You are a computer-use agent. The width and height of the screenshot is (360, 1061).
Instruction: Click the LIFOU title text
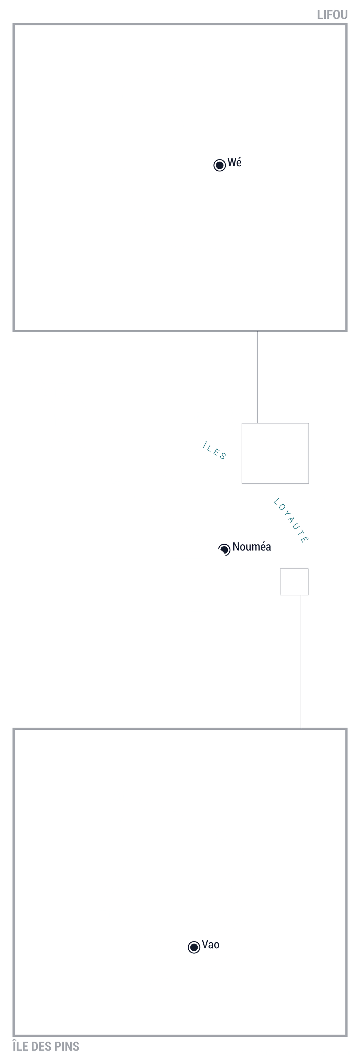(332, 15)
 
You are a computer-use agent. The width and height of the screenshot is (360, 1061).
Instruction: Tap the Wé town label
(234, 162)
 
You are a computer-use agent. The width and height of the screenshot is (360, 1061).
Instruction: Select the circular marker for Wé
(220, 165)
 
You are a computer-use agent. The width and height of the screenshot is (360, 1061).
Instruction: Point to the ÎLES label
(214, 451)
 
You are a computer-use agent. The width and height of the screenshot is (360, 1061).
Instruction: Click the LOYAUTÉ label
(291, 521)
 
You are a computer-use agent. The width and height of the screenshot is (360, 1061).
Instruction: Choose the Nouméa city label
(252, 547)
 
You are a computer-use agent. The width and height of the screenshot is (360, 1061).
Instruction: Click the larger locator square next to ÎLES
(275, 423)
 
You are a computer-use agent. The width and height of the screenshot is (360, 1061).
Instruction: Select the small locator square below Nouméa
(294, 569)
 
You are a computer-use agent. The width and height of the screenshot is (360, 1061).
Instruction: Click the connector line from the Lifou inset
(257, 377)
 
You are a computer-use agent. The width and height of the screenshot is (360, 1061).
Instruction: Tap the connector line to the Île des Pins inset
(301, 662)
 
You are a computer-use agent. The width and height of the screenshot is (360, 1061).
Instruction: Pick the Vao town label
(211, 944)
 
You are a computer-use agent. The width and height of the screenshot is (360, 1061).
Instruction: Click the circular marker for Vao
(194, 947)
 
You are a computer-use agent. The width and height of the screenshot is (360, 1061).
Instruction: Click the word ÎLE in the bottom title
(20, 1046)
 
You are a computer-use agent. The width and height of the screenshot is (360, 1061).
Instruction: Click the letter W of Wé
(231, 163)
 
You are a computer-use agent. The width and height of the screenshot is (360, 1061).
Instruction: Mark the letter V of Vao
(205, 944)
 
